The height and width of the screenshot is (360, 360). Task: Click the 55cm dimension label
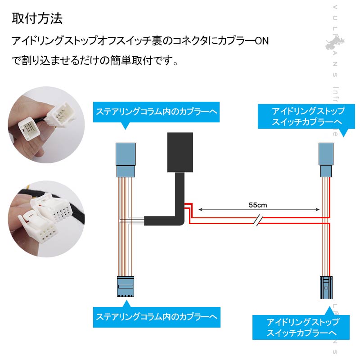[x=258, y=205]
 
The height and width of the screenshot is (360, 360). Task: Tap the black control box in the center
[x=180, y=152]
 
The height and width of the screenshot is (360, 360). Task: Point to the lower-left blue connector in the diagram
[x=126, y=287]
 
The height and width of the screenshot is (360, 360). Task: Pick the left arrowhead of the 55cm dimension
[x=200, y=209]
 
